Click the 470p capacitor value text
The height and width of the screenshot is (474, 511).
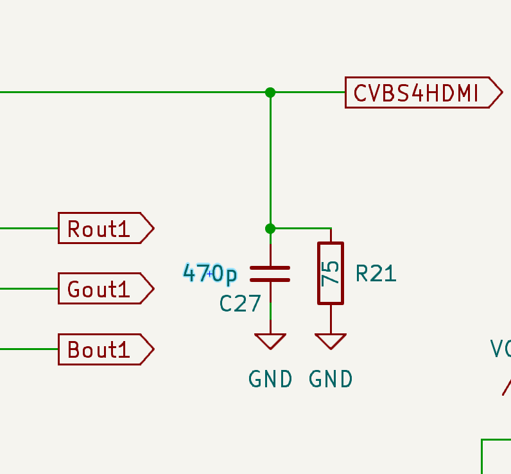pos(210,274)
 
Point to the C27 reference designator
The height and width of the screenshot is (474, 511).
pos(240,303)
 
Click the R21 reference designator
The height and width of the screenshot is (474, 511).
pos(376,274)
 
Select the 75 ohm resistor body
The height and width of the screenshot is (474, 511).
pos(331,273)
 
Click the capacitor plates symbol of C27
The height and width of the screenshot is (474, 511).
pos(270,274)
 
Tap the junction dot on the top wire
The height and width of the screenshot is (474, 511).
pos(270,92)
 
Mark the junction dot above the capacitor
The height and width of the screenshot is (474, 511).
pos(270,229)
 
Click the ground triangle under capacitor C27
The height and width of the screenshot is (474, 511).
pos(270,340)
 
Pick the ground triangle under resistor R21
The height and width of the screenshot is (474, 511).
pos(331,340)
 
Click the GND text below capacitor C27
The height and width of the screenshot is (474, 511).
pos(270,380)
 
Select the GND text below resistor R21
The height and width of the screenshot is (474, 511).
pos(331,380)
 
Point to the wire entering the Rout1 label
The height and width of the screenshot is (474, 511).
pos(29,228)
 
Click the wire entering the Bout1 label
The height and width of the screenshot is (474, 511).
pos(29,349)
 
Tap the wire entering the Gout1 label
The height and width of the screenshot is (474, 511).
pos(29,288)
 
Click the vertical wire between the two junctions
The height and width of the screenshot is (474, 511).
pos(270,161)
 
